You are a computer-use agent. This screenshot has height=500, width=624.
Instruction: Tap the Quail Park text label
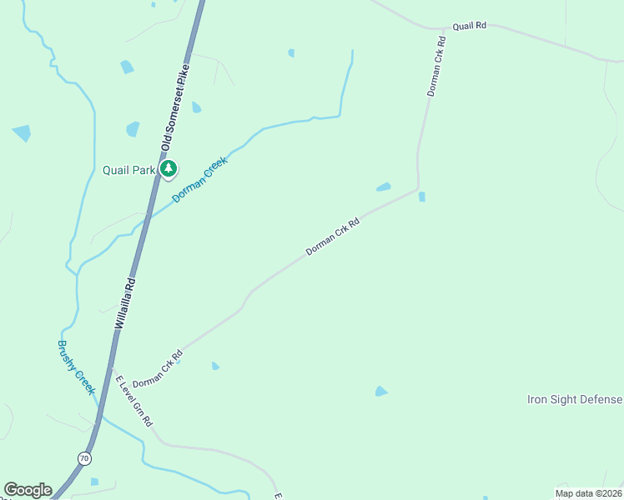[x=129, y=171]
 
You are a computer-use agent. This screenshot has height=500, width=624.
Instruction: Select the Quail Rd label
[x=469, y=27]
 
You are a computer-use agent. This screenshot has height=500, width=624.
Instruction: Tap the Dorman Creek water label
[x=199, y=180]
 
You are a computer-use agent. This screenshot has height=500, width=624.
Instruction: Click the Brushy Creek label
[x=77, y=367]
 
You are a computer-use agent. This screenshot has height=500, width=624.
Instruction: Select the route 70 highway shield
[x=85, y=458]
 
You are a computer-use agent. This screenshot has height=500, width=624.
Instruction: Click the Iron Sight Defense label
[x=575, y=399]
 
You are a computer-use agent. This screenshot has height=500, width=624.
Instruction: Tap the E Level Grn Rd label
[x=134, y=402]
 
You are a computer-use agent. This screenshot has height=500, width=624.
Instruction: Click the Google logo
[x=28, y=489]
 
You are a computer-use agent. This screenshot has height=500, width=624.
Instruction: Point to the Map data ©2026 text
[x=588, y=493]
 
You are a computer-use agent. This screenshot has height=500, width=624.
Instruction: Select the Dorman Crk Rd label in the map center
[x=332, y=237]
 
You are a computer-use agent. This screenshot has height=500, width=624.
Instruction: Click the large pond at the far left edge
[x=21, y=132]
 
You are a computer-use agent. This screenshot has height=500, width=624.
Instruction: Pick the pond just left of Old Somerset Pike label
[x=133, y=129]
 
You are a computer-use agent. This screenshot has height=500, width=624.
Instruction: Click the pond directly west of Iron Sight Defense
[x=381, y=391]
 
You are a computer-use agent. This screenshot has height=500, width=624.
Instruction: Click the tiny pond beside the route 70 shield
[x=94, y=482]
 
